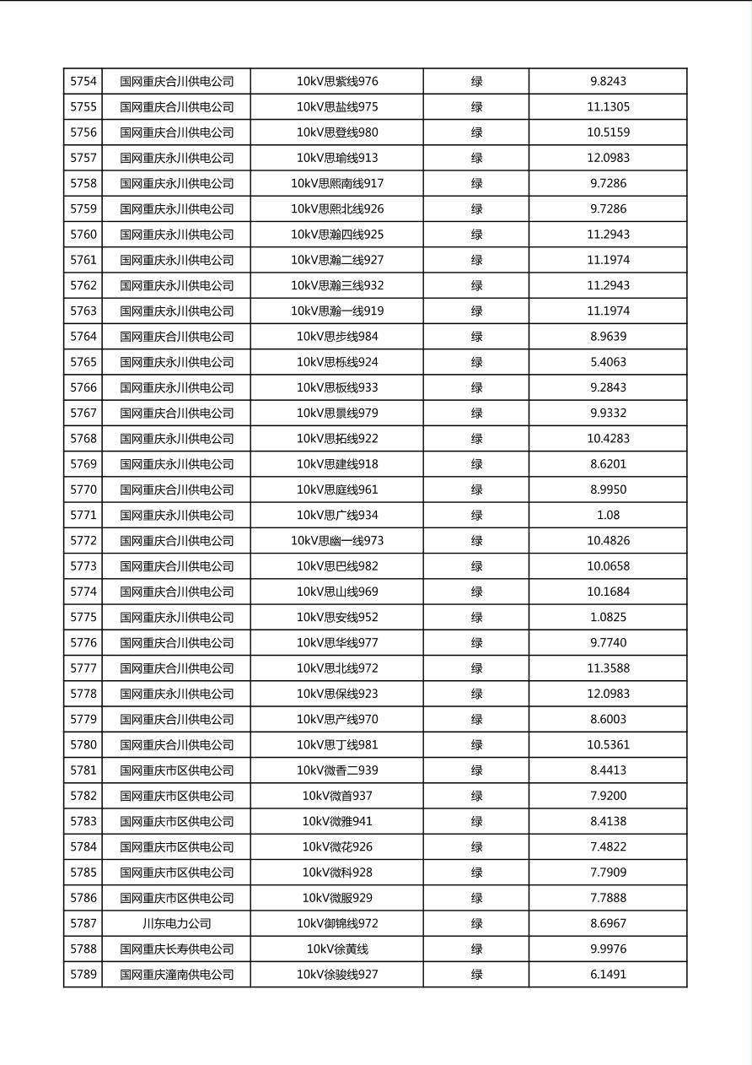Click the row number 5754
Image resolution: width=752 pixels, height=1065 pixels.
click(83, 82)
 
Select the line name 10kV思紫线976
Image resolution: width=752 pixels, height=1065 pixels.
click(337, 82)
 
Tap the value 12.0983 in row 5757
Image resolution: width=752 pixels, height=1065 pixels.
click(608, 158)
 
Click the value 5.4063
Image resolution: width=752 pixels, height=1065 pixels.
click(608, 362)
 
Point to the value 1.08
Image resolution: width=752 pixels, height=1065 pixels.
click(608, 515)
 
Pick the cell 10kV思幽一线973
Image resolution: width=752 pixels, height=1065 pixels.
click(337, 540)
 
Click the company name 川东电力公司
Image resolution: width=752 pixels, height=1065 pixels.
click(177, 923)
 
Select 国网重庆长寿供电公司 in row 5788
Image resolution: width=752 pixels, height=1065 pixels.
click(177, 949)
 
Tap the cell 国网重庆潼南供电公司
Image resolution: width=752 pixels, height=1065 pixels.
click(177, 974)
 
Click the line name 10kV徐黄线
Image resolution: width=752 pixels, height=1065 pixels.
click(337, 949)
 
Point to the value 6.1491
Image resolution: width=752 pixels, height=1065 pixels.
click(608, 974)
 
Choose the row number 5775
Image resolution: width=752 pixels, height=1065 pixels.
click(83, 617)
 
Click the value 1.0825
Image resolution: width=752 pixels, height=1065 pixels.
click(608, 617)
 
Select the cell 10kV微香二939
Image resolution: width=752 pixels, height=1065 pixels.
click(337, 770)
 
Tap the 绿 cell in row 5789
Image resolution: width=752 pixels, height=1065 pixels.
click(476, 974)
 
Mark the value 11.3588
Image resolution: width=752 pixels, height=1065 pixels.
click(608, 668)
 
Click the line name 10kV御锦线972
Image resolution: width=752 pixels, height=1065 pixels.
click(337, 923)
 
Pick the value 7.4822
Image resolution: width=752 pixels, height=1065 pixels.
click(608, 846)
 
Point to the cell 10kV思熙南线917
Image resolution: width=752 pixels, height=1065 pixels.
click(337, 183)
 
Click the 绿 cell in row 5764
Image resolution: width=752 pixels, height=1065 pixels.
click(476, 337)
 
